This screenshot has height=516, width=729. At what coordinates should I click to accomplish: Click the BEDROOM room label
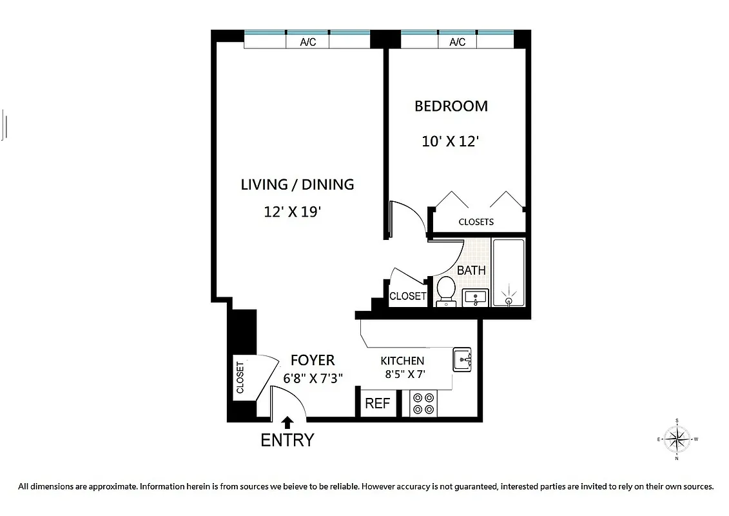[x=451, y=106]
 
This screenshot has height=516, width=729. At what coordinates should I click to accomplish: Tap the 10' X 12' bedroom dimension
[x=449, y=141]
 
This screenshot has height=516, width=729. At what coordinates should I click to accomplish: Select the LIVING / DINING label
[x=297, y=184]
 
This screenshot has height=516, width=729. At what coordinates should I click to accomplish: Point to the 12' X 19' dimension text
[x=292, y=212]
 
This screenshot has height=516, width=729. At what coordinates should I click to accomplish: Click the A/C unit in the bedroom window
[x=457, y=42]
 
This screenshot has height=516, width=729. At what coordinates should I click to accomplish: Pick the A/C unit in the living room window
[x=308, y=42]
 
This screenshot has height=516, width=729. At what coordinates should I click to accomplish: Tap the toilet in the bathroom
[x=445, y=290]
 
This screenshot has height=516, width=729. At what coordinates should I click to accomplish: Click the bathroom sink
[x=476, y=297]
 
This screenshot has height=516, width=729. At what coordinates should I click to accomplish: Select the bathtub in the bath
[x=509, y=272]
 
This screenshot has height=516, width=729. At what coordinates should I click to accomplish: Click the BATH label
[x=471, y=270]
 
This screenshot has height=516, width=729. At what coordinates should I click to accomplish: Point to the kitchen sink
[x=462, y=360]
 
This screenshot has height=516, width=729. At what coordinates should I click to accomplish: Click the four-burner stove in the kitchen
[x=423, y=404]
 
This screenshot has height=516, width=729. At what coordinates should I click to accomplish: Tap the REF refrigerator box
[x=378, y=404]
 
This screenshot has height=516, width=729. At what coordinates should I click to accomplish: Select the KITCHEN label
[x=402, y=361]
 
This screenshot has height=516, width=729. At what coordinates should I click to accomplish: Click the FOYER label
[x=313, y=360]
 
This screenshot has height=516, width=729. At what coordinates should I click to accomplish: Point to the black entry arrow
[x=287, y=422]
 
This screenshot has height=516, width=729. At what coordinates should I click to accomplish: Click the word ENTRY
[x=287, y=441]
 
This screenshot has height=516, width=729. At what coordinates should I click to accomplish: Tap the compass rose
[x=677, y=439]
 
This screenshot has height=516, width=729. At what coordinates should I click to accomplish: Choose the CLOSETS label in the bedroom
[x=476, y=222]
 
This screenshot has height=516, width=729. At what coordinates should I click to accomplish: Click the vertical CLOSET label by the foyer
[x=240, y=378]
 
